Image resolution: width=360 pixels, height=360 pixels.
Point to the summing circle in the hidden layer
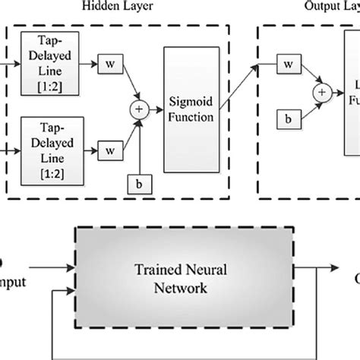coord(139,109)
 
